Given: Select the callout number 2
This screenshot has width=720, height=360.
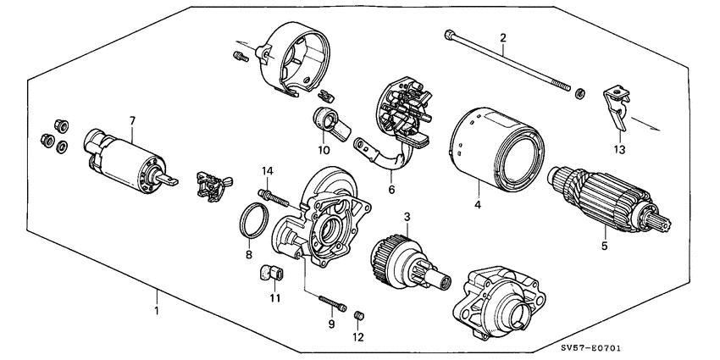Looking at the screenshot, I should click(502, 38).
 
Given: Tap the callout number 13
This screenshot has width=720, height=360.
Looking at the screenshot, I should click(619, 150).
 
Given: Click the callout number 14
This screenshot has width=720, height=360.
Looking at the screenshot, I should click(266, 171).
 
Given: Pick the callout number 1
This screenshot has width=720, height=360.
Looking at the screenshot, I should click(157, 311).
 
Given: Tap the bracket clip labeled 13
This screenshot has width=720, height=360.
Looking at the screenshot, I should click(616, 106).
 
